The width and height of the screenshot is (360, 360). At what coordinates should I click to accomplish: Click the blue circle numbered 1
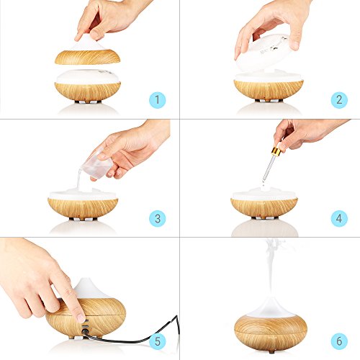click(158, 100)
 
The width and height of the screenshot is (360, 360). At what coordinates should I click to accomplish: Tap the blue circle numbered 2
click(339, 100)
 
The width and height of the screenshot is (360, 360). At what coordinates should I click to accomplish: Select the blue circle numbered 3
click(158, 218)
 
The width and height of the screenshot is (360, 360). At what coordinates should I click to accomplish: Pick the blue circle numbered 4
click(339, 218)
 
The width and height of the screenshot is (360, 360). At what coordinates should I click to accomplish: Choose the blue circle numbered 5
click(158, 341)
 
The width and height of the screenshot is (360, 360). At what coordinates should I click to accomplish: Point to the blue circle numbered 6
click(339, 341)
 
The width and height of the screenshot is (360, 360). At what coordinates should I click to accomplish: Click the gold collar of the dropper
click(277, 150)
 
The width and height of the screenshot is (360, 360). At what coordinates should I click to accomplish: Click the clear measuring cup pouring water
click(96, 166)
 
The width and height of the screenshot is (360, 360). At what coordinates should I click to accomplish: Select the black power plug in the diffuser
click(84, 332)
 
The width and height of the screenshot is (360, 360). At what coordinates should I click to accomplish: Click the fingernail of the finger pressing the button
click(81, 318)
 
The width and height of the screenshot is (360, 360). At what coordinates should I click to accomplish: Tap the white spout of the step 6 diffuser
click(271, 308)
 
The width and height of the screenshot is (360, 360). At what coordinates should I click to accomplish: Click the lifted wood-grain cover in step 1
click(87, 57)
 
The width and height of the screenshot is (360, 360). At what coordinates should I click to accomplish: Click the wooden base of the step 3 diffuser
click(83, 208)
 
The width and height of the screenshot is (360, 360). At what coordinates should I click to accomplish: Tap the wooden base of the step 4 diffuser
click(264, 207)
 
